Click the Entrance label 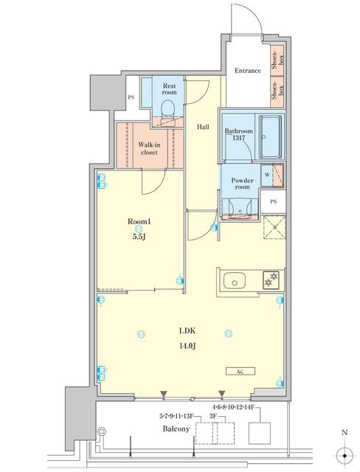248,71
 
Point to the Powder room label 243,184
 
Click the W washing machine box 266,176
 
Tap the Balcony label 178,428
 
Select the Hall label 202,127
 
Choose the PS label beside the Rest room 131,97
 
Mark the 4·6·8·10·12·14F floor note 233,407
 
